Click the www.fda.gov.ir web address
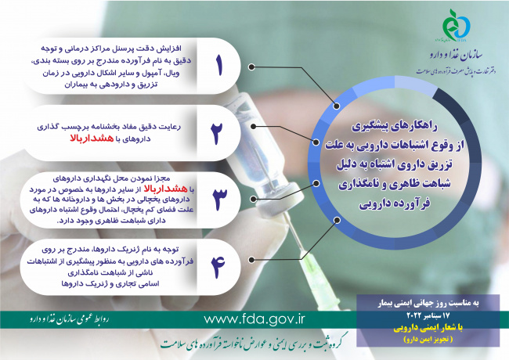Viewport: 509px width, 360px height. pyautogui.click(x=254, y=319)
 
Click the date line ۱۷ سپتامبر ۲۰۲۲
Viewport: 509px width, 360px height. pyautogui.click(x=428, y=311)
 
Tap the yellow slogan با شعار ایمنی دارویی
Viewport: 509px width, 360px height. pyautogui.click(x=428, y=322)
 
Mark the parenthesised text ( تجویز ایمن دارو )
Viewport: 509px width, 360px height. pyautogui.click(x=428, y=333)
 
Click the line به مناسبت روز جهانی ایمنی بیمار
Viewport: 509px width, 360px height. pyautogui.click(x=428, y=301)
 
